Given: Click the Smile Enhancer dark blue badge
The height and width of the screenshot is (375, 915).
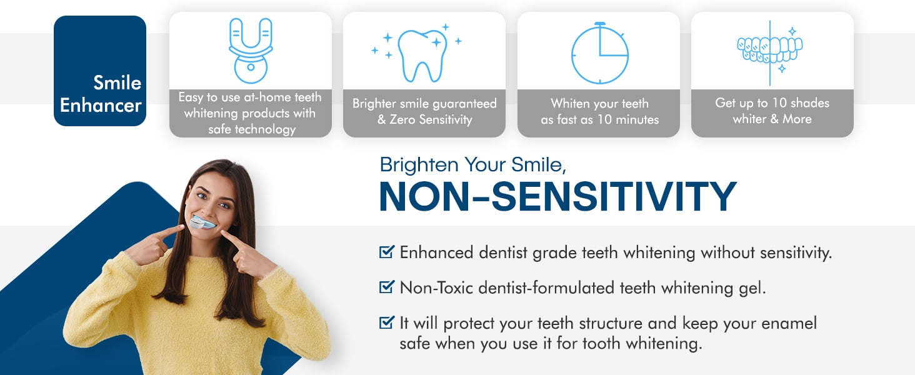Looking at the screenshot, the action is point(100,71).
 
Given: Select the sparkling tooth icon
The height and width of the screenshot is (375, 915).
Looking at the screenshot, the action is point(417,53).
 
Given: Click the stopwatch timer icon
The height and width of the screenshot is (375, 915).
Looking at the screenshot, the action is point(599,53).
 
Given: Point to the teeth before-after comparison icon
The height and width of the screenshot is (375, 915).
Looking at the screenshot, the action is point(770,52).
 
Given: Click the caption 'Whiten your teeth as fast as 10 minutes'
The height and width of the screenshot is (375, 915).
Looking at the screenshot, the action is point(599,111).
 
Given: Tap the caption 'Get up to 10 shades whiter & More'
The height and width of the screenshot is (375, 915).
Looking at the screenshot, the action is point(772,111).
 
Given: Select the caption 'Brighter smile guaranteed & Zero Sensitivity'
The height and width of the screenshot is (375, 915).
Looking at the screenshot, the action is point(424,111).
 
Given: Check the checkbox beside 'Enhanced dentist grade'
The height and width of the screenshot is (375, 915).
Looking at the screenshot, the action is point(386,252).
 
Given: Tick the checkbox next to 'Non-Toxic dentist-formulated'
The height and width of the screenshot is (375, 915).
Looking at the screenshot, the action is point(386,287).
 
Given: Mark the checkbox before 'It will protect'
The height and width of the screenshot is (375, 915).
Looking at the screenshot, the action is point(386,322).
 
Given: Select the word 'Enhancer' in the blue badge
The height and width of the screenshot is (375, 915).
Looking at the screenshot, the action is point(101,106).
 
